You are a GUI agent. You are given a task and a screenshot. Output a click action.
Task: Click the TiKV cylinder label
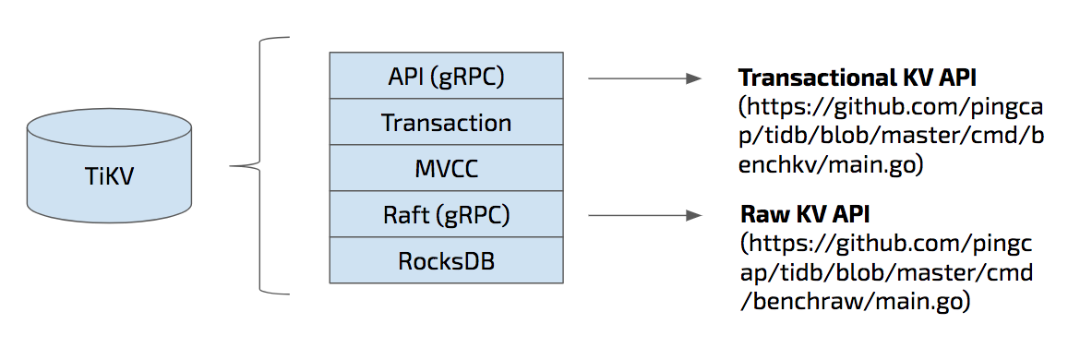click(110, 175)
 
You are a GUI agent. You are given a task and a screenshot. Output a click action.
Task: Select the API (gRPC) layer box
click(446, 76)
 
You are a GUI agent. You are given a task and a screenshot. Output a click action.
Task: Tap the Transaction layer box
click(446, 122)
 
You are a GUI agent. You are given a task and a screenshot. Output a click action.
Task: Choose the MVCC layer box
click(446, 168)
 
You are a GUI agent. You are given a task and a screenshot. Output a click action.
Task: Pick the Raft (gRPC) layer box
click(446, 214)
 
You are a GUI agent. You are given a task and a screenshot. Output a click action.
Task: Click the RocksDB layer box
click(446, 260)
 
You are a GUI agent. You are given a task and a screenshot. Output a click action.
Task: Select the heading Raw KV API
click(806, 215)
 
